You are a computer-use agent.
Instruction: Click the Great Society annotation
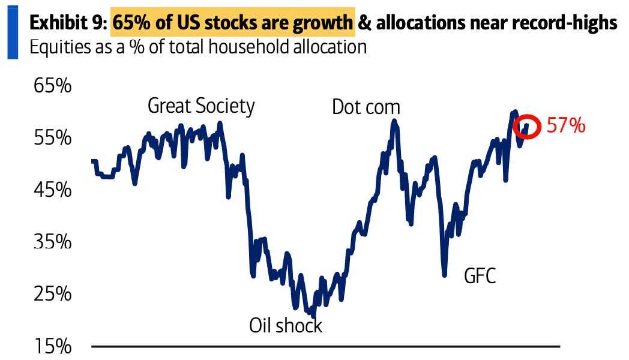point(201,106)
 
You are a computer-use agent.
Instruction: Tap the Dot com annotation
point(366,107)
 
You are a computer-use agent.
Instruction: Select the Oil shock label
point(286,326)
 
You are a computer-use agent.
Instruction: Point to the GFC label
point(480,276)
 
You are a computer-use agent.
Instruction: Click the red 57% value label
point(565,126)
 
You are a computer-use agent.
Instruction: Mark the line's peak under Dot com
point(394,121)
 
